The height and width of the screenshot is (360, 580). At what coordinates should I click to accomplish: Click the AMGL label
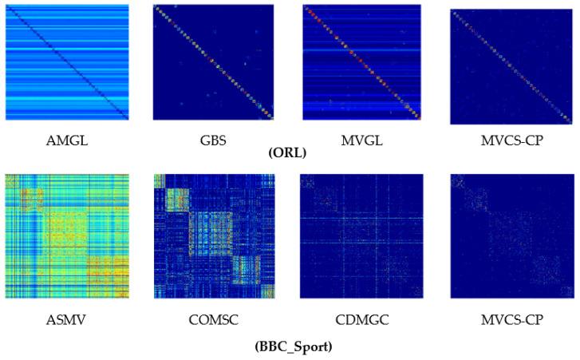(x=67, y=141)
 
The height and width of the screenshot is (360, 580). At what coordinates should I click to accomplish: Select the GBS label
(x=213, y=141)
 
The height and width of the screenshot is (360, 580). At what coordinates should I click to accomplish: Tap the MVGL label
(x=361, y=141)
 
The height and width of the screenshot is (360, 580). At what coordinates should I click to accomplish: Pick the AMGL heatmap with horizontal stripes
(x=67, y=62)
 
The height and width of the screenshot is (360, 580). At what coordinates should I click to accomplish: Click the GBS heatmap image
(x=213, y=62)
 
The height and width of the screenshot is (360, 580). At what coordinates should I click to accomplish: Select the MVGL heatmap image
(x=361, y=62)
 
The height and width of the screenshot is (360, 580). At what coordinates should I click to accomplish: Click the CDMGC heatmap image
(x=361, y=235)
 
